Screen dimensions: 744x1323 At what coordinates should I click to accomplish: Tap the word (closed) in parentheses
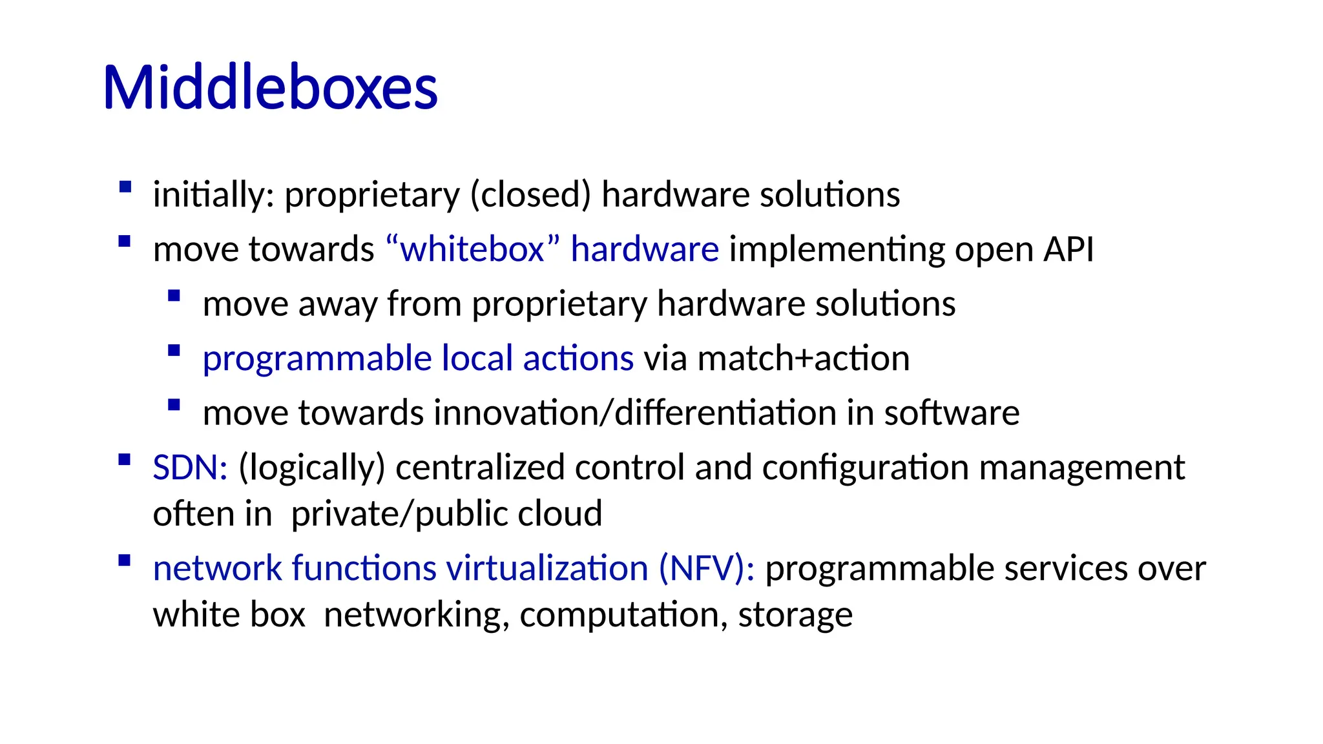(530, 194)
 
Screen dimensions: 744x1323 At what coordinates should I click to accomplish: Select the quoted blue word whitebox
(472, 249)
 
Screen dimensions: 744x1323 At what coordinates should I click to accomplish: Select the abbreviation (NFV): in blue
(706, 568)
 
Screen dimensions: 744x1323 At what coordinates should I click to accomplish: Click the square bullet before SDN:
(125, 460)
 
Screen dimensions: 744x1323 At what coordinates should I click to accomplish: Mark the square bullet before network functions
(125, 561)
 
